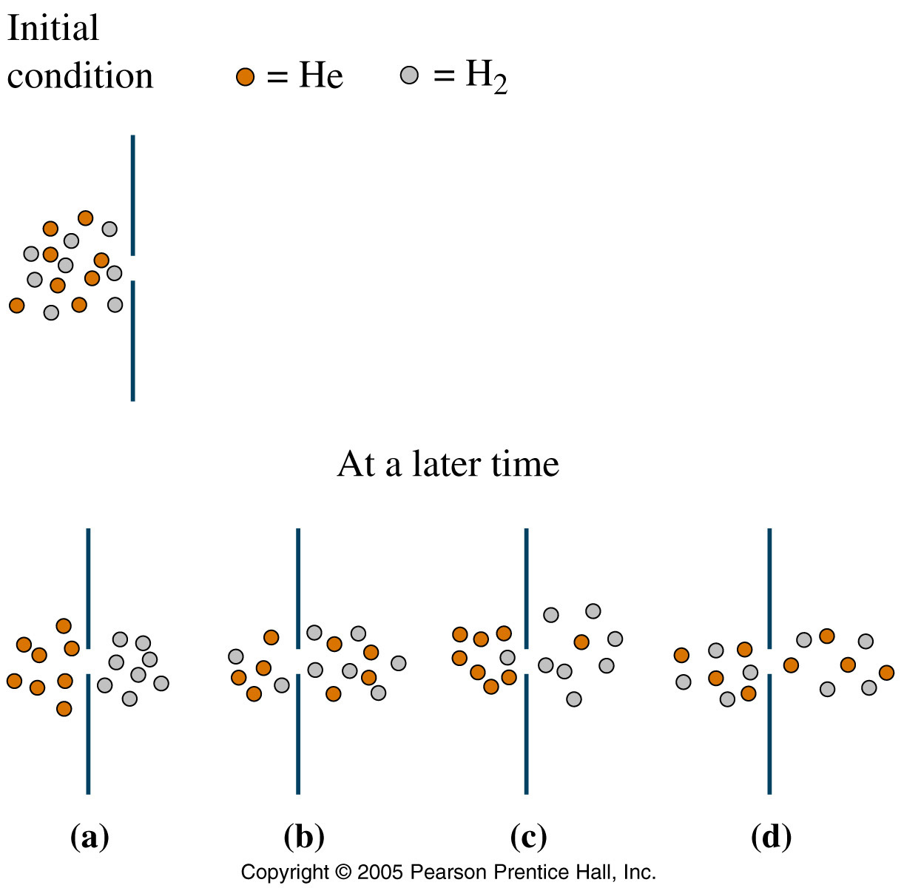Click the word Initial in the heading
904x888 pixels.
[x=53, y=28]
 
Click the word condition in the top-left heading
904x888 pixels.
[x=80, y=75]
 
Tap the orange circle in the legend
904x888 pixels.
[x=245, y=76]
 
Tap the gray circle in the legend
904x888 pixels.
[x=409, y=75]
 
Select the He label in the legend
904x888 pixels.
[x=321, y=75]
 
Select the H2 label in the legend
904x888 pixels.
[x=487, y=76]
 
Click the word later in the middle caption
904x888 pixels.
[x=446, y=464]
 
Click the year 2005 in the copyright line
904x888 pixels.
[x=380, y=872]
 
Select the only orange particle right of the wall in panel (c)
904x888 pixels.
[x=581, y=642]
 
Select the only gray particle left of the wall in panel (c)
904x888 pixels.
[x=507, y=658]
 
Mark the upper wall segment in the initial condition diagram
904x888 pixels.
[x=132, y=195]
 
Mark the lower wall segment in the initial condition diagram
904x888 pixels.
[x=132, y=341]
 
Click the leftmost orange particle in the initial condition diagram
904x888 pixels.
[x=17, y=306]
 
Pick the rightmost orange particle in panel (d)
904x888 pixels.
[x=886, y=673]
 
